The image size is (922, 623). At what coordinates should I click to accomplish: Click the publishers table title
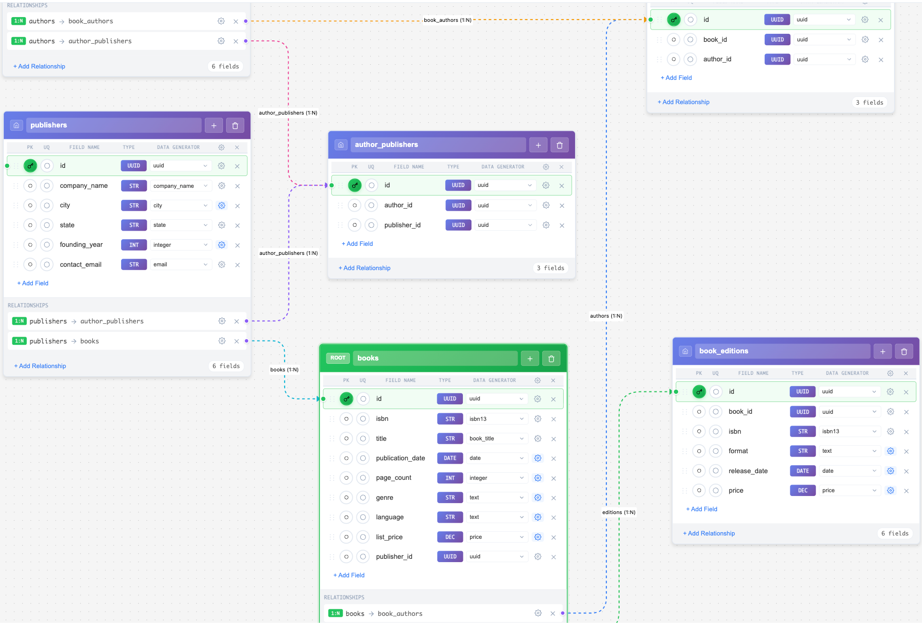coord(49,125)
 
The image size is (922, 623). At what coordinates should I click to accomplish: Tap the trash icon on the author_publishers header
coord(559,145)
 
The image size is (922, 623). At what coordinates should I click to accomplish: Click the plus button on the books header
coord(530,359)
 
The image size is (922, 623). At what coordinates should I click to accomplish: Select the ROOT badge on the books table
coord(338,358)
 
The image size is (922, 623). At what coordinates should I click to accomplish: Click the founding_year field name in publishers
coord(81,244)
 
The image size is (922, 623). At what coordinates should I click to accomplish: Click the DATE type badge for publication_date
coord(450,458)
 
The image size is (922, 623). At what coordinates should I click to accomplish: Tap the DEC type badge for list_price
coord(450,537)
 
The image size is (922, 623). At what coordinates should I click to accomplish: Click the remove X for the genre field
coord(554,498)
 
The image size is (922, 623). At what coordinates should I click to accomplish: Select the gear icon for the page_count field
coord(538,478)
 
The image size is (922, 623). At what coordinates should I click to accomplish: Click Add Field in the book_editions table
coord(701,509)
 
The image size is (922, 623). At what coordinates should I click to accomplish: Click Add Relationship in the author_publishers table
coord(365,268)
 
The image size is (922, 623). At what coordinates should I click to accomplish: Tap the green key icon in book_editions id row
coord(699,392)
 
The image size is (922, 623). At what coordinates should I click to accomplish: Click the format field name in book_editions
coord(738,451)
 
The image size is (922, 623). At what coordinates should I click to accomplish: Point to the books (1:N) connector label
coord(284,370)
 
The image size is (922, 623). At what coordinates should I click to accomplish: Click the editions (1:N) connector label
coord(618,512)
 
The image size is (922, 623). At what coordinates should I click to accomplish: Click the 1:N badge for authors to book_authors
coord(19,21)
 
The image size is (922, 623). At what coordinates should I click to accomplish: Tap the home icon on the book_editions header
coord(685,351)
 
